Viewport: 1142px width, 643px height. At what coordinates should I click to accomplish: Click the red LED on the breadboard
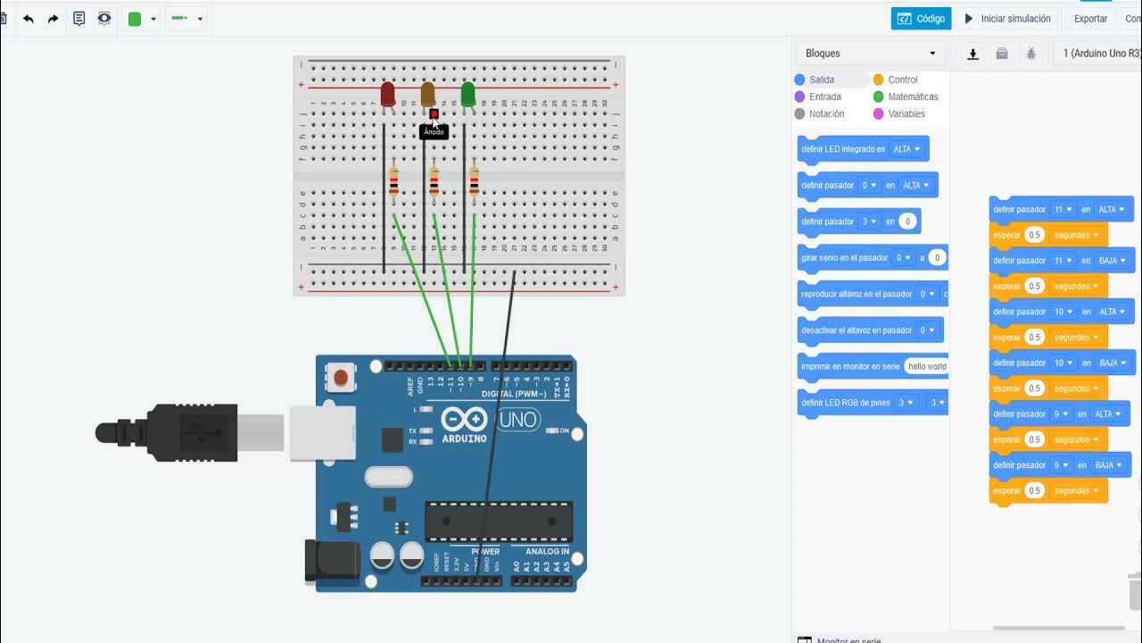[x=387, y=94]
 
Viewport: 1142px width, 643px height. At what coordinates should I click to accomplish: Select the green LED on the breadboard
[x=468, y=94]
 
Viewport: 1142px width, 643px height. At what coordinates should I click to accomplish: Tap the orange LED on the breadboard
[x=427, y=94]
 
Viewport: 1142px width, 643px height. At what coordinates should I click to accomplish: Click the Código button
[x=921, y=19]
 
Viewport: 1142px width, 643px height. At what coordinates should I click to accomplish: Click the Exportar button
[x=1090, y=19]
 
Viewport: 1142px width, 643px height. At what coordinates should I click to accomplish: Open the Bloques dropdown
[x=870, y=54]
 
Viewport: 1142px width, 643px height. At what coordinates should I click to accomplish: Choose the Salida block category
[x=821, y=80]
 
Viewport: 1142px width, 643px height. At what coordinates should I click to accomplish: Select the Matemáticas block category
[x=912, y=97]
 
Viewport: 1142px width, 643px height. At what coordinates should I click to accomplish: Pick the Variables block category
[x=906, y=114]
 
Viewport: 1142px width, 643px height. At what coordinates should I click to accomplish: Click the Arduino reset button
[x=339, y=378]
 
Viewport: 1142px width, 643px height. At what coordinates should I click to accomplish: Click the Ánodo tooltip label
[x=434, y=132]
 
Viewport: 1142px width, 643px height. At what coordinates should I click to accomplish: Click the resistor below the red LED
[x=393, y=182]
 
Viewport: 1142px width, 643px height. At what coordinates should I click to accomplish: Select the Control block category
[x=902, y=80]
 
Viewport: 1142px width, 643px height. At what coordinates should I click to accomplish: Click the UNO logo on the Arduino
[x=517, y=420]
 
